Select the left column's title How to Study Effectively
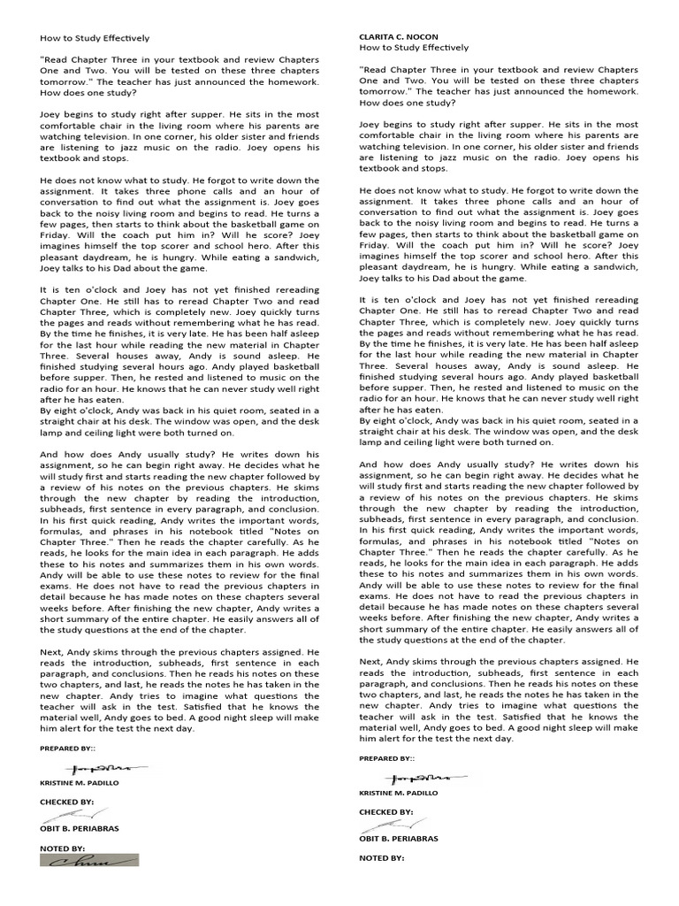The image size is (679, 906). (95, 39)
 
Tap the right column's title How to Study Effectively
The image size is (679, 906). (414, 48)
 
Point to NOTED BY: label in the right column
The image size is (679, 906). (381, 858)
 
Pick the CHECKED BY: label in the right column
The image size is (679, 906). (385, 811)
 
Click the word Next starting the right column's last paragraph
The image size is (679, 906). (370, 661)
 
